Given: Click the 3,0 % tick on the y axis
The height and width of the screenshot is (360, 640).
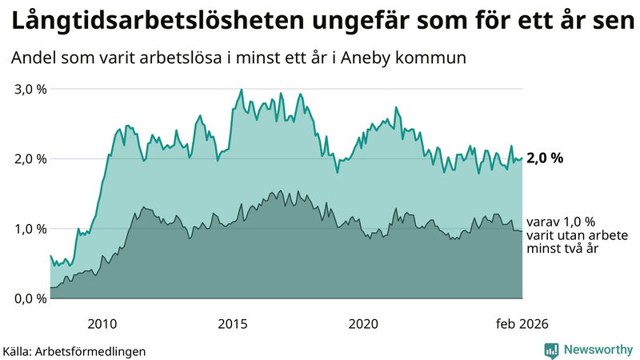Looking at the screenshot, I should click(x=31, y=89).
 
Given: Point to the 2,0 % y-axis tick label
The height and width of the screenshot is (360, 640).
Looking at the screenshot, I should click(x=31, y=158).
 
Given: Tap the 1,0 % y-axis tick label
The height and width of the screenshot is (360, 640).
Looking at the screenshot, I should click(x=31, y=229).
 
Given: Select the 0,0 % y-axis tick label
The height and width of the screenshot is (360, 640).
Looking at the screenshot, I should click(x=31, y=298).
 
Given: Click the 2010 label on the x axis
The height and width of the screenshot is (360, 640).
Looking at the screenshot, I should click(x=102, y=323).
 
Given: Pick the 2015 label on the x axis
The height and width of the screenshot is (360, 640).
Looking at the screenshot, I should click(x=233, y=323).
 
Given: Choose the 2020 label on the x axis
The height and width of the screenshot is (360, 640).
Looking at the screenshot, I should click(x=363, y=323).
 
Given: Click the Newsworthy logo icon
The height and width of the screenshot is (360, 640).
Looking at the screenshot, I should click(x=551, y=350).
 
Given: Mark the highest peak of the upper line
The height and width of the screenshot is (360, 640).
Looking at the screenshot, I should click(x=242, y=90).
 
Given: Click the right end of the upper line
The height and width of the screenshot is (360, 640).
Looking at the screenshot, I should click(x=522, y=158).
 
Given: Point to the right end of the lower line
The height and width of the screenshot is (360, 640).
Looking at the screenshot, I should click(x=522, y=231).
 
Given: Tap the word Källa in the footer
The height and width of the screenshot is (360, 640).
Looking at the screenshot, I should click(x=19, y=351).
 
